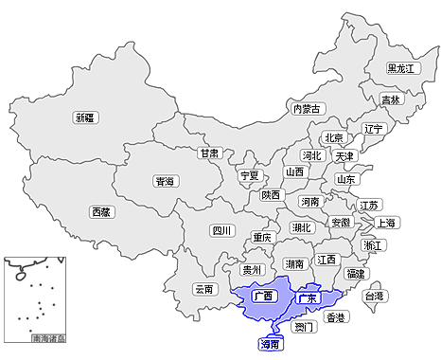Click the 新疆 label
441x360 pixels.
85,117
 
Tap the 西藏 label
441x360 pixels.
100,212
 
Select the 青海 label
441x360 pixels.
165,181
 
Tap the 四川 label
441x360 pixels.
220,230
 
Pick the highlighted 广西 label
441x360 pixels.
264,296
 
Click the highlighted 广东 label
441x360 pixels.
309,298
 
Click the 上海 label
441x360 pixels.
386,223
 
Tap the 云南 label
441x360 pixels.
205,289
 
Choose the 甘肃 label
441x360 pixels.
209,153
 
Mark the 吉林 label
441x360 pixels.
390,99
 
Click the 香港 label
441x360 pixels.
335,317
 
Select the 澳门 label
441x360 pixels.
305,327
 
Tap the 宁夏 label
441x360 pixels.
249,175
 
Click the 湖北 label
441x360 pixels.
301,227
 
